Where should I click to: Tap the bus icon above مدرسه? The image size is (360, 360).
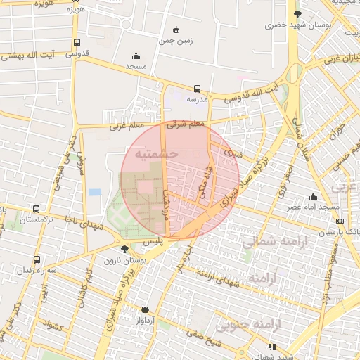[197, 89]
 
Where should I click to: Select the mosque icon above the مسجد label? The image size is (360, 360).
[136, 56]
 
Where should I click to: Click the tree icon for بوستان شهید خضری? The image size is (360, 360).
[297, 14]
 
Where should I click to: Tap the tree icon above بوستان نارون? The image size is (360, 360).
[125, 249]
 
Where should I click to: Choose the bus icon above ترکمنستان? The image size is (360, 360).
[36, 210]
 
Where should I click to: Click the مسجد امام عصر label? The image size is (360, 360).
[304, 207]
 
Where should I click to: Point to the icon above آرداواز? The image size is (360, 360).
[146, 309]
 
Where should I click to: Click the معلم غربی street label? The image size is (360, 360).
[125, 127]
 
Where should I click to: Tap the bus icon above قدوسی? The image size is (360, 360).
[77, 42]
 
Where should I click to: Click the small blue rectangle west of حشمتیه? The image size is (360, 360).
[95, 192]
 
